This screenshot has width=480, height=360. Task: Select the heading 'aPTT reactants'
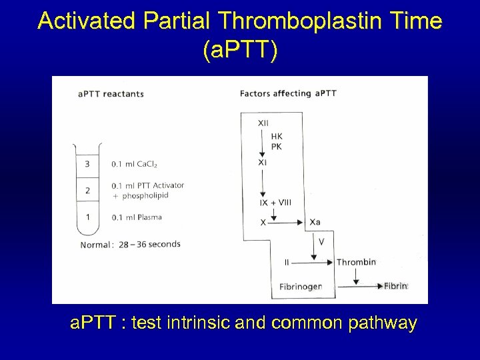click(x=111, y=94)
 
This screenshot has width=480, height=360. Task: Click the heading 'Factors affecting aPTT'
click(x=288, y=93)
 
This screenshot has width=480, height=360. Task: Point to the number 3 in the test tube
click(x=87, y=164)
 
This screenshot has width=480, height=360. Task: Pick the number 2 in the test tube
click(x=87, y=190)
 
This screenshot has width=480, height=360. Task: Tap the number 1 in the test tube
click(x=87, y=217)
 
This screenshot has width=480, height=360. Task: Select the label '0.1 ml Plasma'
click(x=137, y=217)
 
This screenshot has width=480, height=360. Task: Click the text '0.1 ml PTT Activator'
click(x=147, y=185)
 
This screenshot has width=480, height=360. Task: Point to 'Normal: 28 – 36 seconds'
click(x=130, y=244)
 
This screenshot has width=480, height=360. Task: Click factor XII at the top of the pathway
click(x=263, y=123)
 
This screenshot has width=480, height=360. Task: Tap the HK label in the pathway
click(x=277, y=137)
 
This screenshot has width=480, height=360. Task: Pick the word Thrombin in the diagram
click(x=356, y=262)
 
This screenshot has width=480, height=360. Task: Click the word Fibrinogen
click(x=301, y=287)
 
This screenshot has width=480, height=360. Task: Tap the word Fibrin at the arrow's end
click(x=395, y=286)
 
